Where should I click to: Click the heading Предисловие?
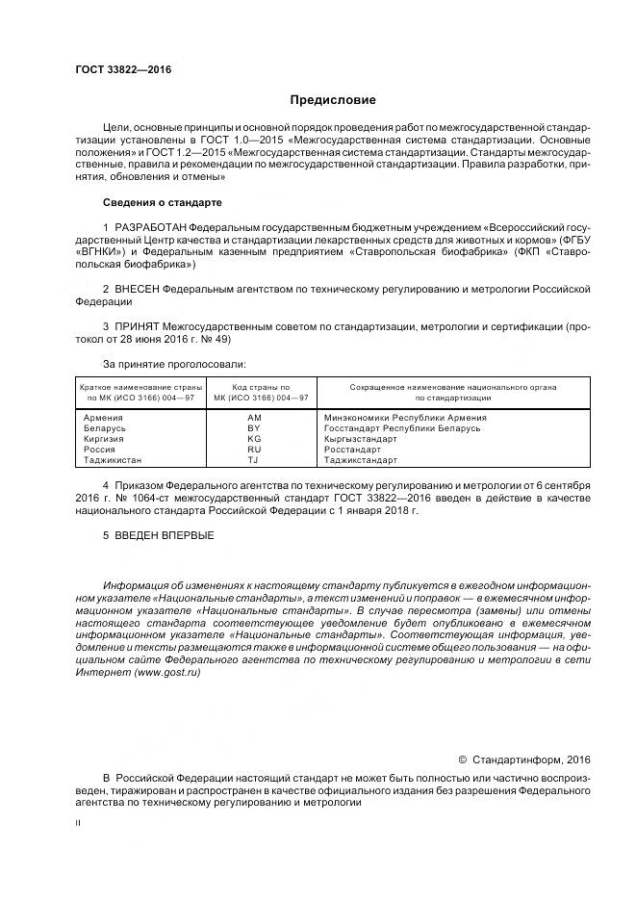point(333,100)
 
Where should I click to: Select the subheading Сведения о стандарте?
point(162,203)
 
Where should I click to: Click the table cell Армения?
point(103,418)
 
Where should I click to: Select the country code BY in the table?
point(254,428)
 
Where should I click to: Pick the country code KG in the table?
point(254,439)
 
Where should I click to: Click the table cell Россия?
point(99,450)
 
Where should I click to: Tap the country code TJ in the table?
point(254,460)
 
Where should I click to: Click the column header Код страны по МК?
point(254,392)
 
